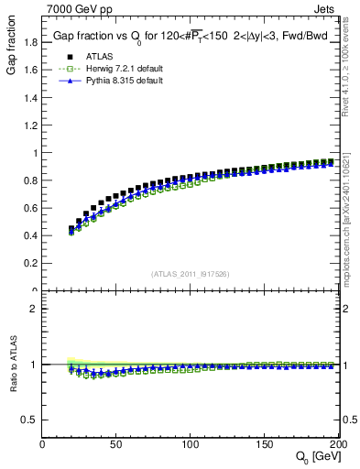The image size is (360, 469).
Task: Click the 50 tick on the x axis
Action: (115, 445)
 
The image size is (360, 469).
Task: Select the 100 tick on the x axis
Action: (189, 445)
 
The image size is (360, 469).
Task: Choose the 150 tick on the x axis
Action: (263, 445)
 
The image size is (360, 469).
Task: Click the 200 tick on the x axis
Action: (335, 445)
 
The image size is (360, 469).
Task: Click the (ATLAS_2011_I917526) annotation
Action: (190, 275)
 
